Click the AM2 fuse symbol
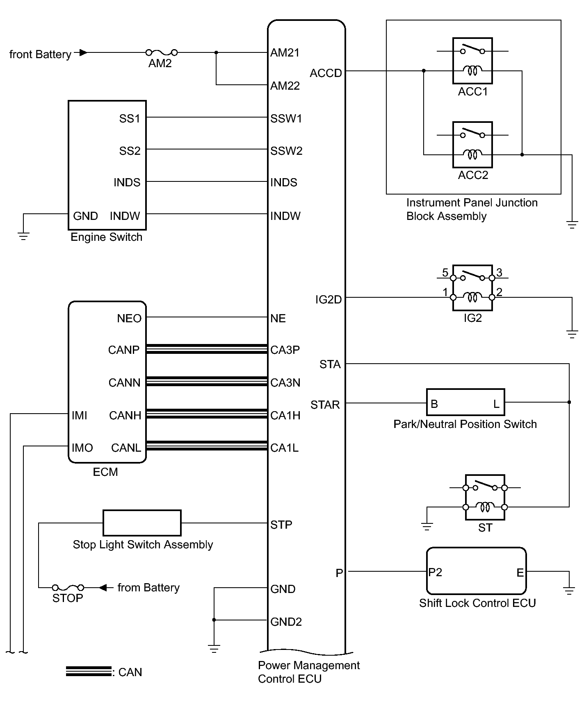162,52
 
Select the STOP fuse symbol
68,588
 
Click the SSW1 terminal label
286,119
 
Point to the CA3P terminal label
285,350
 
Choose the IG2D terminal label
328,300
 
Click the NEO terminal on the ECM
129,318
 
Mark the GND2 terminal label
286,622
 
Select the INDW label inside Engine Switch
125,216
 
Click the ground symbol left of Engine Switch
23,236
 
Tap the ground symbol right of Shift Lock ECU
569,591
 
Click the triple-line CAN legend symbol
89,672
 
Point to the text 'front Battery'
40,54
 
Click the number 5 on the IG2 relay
445,272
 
